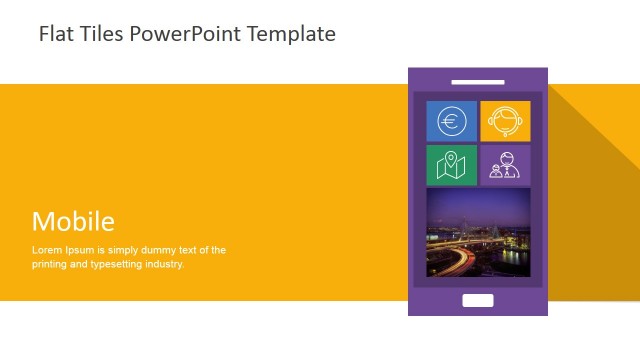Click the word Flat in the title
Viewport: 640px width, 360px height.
[55, 34]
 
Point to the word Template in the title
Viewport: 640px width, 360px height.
[290, 34]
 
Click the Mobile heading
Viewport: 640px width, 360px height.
[73, 221]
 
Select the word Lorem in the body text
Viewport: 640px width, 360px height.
[47, 250]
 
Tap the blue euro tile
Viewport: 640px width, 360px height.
[452, 121]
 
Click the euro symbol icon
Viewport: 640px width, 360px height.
[452, 122]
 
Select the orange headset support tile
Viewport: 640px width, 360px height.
[505, 121]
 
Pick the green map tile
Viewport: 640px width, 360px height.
[452, 165]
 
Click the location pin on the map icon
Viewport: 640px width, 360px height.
[452, 160]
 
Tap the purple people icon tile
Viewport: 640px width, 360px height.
[505, 165]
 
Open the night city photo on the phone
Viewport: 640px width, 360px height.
[478, 233]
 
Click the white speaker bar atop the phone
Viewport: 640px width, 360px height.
[478, 81]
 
